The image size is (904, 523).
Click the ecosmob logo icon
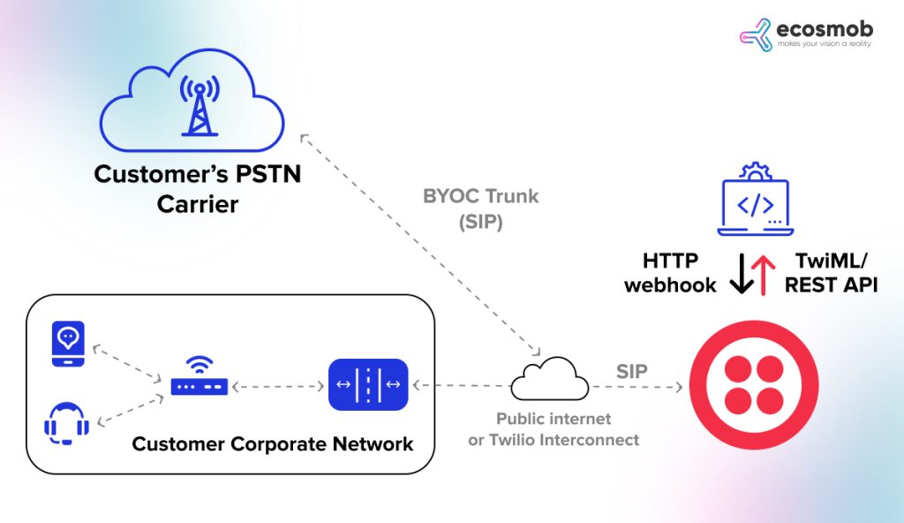pos(757,34)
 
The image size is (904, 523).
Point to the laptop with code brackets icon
pos(755,207)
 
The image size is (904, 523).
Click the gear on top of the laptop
pos(755,171)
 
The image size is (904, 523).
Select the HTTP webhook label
pos(670,272)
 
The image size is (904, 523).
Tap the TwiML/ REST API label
pos(831,272)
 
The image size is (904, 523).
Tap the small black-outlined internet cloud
pos(549,380)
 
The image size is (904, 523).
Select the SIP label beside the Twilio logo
pos(632,371)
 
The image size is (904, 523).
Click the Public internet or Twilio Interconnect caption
pos(554,428)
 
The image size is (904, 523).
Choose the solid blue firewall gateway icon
pos(368,385)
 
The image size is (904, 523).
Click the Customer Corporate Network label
pos(273,443)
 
